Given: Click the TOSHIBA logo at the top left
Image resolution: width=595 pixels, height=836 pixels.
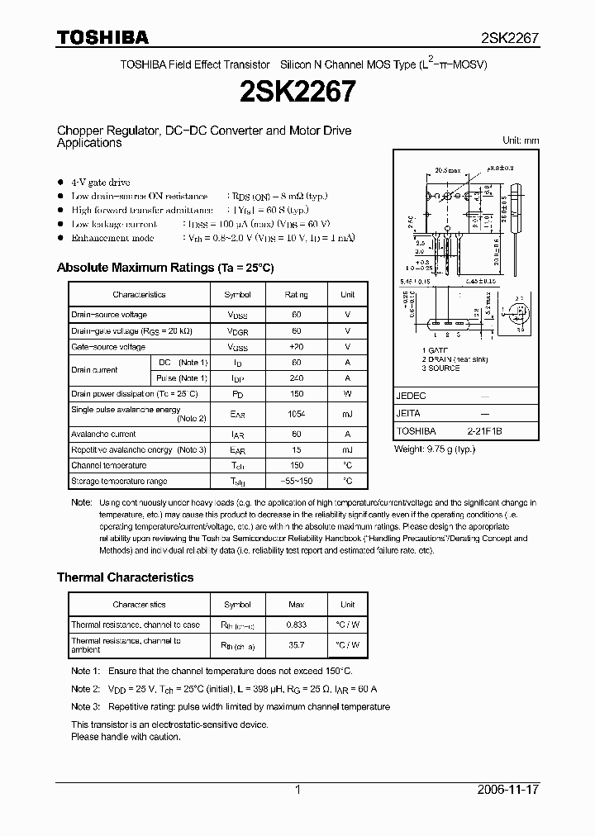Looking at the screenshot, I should pyautogui.click(x=102, y=37).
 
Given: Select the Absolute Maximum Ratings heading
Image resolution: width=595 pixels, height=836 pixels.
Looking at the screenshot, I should pyautogui.click(x=164, y=268).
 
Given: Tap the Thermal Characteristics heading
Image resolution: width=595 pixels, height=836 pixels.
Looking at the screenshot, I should pyautogui.click(x=125, y=577).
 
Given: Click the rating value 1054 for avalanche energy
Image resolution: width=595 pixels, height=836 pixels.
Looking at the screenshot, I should pyautogui.click(x=296, y=414).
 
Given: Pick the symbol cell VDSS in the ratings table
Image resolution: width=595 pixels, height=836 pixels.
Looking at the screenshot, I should pyautogui.click(x=237, y=315).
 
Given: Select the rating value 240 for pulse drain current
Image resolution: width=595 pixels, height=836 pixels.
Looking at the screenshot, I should pyautogui.click(x=296, y=378).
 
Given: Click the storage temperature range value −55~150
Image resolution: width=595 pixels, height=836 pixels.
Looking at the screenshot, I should pyautogui.click(x=296, y=481).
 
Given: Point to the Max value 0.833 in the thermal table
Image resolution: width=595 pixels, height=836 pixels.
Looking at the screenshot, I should pyautogui.click(x=296, y=625).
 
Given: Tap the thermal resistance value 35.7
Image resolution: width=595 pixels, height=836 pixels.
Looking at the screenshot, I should pyautogui.click(x=296, y=644).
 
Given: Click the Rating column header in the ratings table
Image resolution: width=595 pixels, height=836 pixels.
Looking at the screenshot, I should pyautogui.click(x=296, y=294).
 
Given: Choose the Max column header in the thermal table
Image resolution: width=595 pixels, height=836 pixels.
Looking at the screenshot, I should pyautogui.click(x=296, y=605).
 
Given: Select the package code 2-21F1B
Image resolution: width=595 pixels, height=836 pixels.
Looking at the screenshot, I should pyautogui.click(x=483, y=431).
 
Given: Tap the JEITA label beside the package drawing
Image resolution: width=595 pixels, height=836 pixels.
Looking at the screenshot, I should pyautogui.click(x=409, y=413).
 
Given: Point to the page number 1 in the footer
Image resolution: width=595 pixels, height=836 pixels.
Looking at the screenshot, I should pyautogui.click(x=297, y=790).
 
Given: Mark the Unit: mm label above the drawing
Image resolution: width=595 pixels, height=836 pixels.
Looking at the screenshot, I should pyautogui.click(x=521, y=140).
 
